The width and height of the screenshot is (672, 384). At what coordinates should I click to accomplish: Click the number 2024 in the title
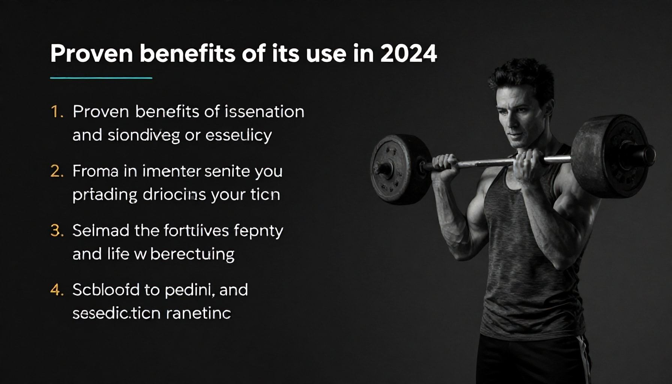[408, 54]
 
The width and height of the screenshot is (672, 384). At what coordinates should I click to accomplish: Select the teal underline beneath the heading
[101, 78]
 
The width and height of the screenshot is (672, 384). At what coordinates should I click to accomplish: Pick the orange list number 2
[57, 171]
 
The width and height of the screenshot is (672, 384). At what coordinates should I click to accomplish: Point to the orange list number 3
[57, 231]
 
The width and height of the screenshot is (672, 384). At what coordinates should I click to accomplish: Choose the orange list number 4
[57, 290]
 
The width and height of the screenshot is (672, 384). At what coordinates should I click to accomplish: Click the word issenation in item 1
[264, 112]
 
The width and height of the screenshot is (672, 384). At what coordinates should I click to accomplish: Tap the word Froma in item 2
[95, 171]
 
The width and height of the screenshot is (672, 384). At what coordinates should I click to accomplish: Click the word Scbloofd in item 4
[106, 290]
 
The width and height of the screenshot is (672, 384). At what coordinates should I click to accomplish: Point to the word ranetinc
[198, 313]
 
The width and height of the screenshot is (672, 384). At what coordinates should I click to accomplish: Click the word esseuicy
[238, 135]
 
